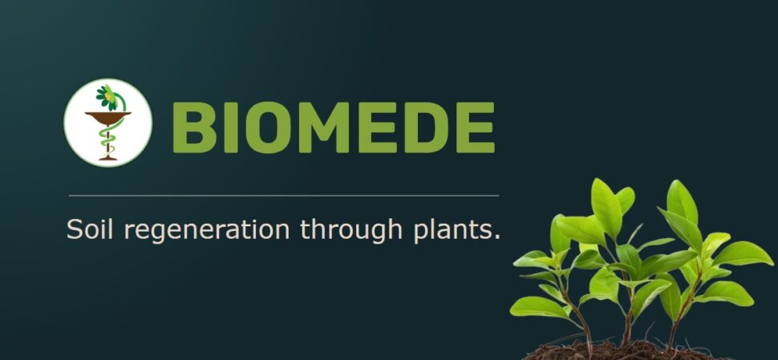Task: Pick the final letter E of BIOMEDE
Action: (x=476, y=127)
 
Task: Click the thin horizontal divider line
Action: (x=284, y=196)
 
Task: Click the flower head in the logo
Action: (x=107, y=97)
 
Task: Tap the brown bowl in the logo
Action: (x=108, y=118)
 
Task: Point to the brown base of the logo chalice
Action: (x=108, y=158)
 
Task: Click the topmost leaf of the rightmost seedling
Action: (x=682, y=202)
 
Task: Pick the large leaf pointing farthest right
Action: (x=742, y=253)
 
